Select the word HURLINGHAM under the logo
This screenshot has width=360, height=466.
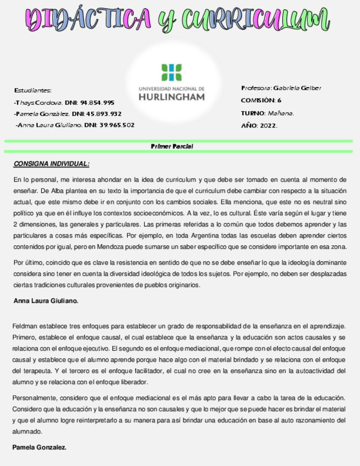pyautogui.click(x=171, y=97)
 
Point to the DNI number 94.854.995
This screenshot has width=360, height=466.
pyautogui.click(x=97, y=102)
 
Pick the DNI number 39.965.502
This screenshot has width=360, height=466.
pyautogui.click(x=117, y=125)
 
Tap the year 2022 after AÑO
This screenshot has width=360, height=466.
pyautogui.click(x=268, y=125)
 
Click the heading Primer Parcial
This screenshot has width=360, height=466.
pyautogui.click(x=171, y=147)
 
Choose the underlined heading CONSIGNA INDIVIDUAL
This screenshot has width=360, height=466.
pyautogui.click(x=51, y=164)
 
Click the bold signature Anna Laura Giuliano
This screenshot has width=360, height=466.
pyautogui.click(x=46, y=301)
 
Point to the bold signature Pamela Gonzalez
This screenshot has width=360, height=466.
pyautogui.click(x=39, y=447)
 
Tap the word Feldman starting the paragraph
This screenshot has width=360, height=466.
pyautogui.click(x=25, y=326)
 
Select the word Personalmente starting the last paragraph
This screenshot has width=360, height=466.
pyautogui.click(x=35, y=397)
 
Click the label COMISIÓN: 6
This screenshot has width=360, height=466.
pyautogui.click(x=261, y=101)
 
